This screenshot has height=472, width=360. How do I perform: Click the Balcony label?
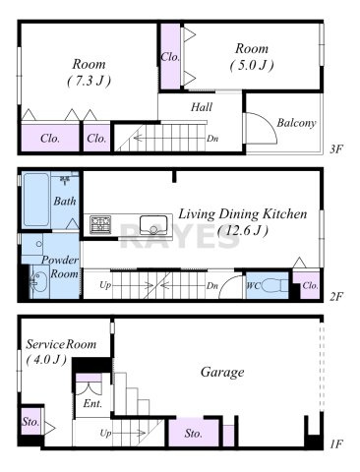click(x=296, y=123)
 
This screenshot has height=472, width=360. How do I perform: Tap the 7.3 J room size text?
click(x=89, y=81)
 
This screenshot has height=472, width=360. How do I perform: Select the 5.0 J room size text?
click(x=252, y=66)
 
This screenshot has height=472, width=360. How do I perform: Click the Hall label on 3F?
click(x=202, y=107)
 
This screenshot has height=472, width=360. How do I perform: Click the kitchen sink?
click(x=152, y=225)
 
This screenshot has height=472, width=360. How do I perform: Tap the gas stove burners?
click(x=100, y=224)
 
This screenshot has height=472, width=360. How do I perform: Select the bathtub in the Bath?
click(x=36, y=200)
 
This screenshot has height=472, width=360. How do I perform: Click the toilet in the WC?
click(x=273, y=285)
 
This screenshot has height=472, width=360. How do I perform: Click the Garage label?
click(x=222, y=372)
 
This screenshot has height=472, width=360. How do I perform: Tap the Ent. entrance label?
click(x=92, y=403)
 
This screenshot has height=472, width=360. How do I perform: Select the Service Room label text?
click(x=61, y=344)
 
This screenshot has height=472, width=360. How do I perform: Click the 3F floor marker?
click(x=336, y=149)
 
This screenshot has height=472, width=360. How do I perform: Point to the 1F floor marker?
click(x=336, y=444)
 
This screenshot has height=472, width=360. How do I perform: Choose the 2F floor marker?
click(x=336, y=297)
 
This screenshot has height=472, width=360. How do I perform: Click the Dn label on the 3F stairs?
click(x=212, y=139)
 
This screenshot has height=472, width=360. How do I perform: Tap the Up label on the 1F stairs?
click(x=105, y=434)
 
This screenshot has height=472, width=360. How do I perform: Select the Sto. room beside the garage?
click(x=194, y=433)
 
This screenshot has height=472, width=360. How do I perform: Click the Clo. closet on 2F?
click(x=310, y=285)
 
